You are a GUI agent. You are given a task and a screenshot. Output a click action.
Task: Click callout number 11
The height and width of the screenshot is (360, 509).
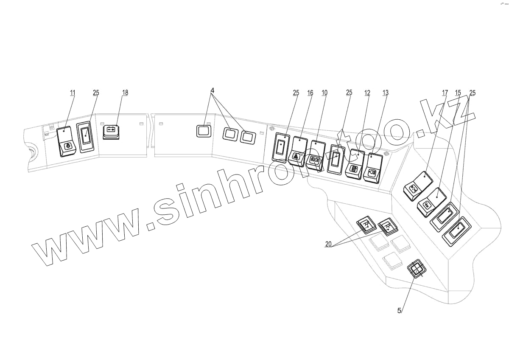click(73, 93)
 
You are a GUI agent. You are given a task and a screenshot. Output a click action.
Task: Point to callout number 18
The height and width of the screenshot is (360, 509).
click(125, 93)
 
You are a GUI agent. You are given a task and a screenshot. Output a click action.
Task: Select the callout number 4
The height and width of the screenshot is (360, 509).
click(213, 91)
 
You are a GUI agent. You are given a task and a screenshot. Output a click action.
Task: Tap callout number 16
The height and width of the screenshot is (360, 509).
click(310, 93)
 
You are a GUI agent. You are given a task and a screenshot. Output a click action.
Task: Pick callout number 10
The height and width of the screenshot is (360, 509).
click(324, 93)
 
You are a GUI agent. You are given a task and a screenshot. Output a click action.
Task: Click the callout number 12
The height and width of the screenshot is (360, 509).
click(367, 93)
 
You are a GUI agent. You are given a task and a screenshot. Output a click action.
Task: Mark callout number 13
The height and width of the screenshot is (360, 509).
click(385, 93)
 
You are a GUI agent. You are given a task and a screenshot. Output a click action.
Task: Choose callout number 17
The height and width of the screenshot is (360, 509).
click(445, 93)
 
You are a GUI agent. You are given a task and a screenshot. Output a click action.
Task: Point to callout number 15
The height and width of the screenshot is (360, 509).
click(458, 93)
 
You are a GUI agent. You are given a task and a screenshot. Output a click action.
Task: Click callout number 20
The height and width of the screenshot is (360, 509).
click(328, 244)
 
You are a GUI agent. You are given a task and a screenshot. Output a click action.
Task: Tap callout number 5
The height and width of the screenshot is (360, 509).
click(399, 310)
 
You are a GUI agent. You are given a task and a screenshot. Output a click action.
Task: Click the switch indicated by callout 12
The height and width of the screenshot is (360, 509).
click(355, 165)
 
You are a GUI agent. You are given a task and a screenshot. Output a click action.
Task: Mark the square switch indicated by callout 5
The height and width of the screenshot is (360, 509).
click(416, 269)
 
